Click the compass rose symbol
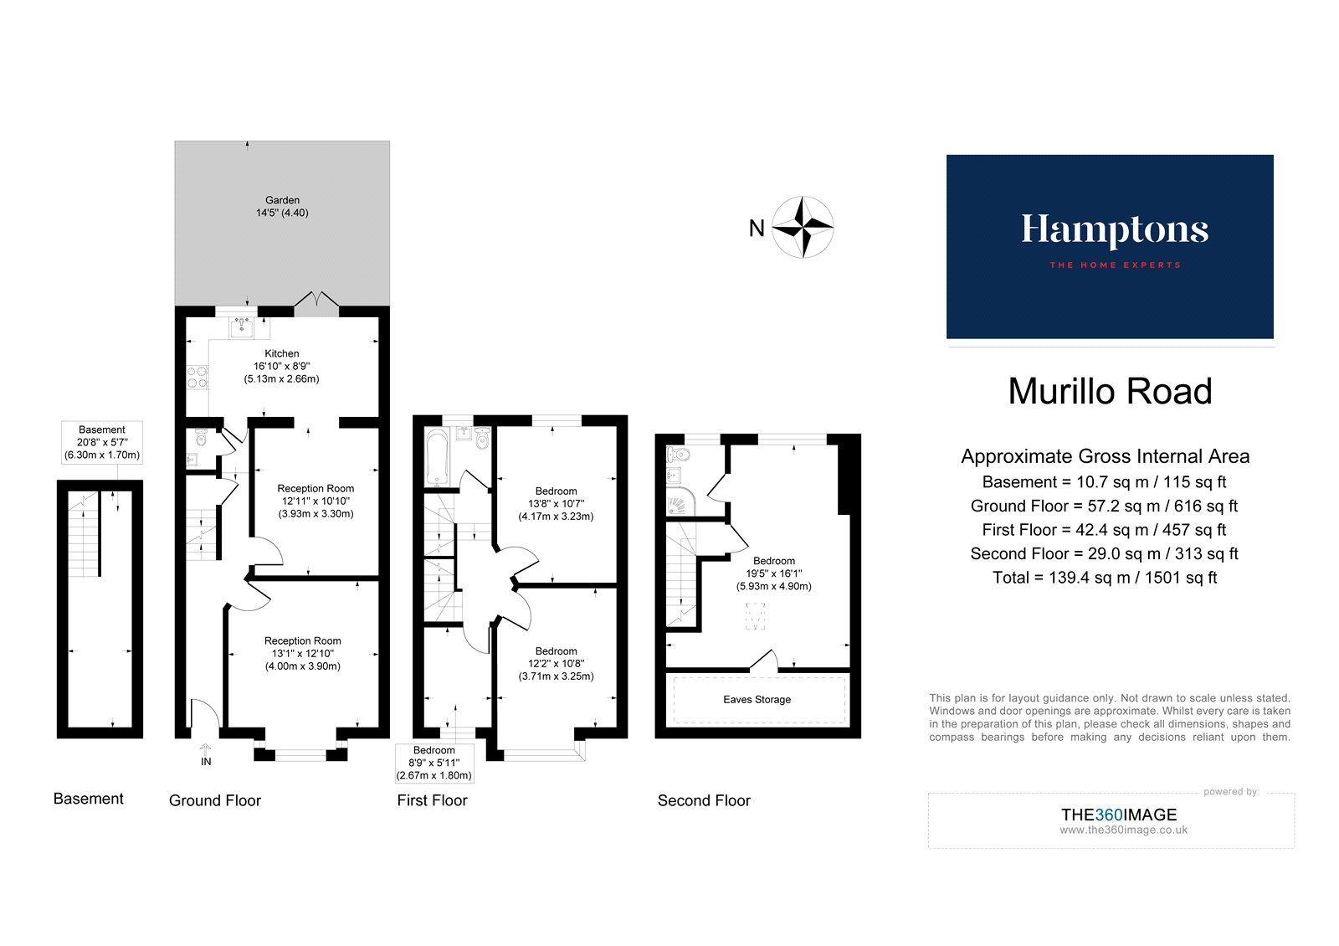803,227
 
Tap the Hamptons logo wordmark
1114,230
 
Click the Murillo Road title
1110,392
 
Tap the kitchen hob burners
198,378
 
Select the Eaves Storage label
757,700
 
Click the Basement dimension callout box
102,443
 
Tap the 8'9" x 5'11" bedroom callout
434,763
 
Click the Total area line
1105,578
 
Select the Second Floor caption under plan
704,801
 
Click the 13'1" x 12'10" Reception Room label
303,654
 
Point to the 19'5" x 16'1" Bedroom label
773,574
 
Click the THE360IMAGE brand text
1118,815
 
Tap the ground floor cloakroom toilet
199,438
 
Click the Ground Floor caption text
215,801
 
